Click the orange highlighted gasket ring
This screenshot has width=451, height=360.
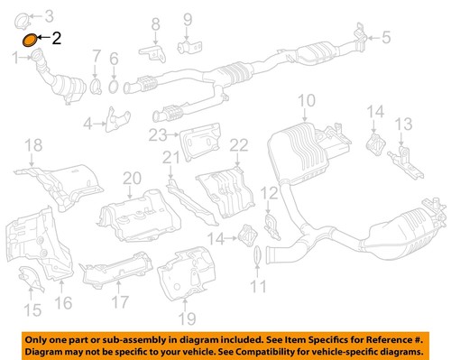pos(29,39)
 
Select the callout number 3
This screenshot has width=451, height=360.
pos(49,15)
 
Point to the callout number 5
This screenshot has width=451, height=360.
pos(386,37)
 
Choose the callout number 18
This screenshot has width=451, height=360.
pos(32,145)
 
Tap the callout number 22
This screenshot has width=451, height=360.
pos(238,145)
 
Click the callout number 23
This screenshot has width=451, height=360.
pos(159,135)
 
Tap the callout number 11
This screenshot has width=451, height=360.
pos(259,289)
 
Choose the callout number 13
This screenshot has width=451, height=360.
pos(403,124)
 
